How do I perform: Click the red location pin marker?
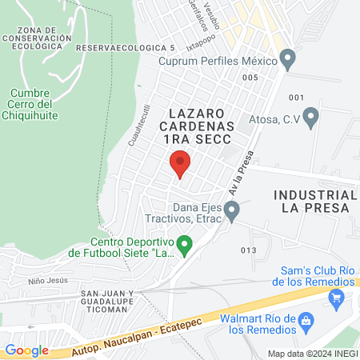pos(181,162)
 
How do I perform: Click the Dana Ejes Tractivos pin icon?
pos(232,211)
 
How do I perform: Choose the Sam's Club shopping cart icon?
pos(335,298)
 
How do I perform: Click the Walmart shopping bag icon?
pos(305,322)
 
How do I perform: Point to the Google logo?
pos(26,350)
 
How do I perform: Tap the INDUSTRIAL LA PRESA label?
pos(314,201)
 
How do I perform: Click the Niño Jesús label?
pos(41,280)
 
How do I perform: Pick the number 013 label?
pos(248,250)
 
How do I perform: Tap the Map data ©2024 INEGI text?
pos(312,353)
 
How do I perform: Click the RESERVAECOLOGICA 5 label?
pos(125,48)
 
